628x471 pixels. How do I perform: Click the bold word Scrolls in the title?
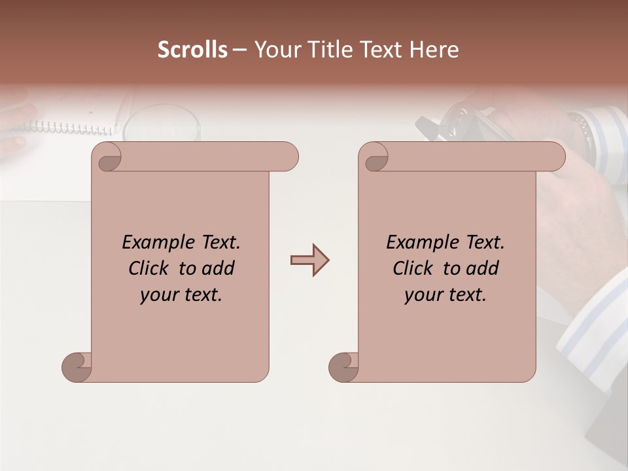[192, 50]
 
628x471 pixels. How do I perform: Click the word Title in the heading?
[327, 50]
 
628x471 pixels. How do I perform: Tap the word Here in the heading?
[434, 50]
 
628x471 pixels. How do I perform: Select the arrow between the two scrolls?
[309, 260]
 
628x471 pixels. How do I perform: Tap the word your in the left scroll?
[158, 295]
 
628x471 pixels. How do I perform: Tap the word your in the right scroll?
[423, 295]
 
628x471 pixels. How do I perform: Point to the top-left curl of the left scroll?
[107, 157]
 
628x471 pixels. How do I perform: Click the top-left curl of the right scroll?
[374, 157]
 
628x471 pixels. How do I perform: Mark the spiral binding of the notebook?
[65, 126]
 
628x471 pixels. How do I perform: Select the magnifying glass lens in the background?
[161, 124]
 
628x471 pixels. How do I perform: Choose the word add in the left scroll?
[218, 268]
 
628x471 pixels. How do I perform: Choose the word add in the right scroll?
[483, 268]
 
